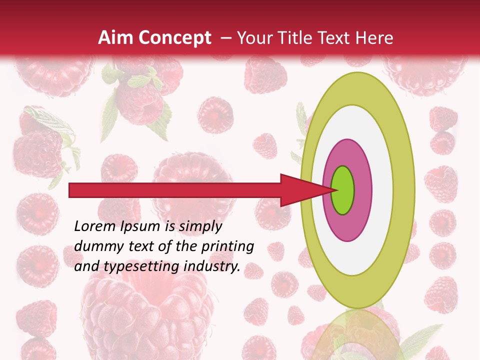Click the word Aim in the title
(115, 38)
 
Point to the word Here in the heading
(374, 38)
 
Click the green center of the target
(343, 190)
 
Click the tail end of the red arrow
(72, 190)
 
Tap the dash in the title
(226, 38)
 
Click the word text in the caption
(134, 246)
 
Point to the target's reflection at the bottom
(358, 335)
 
